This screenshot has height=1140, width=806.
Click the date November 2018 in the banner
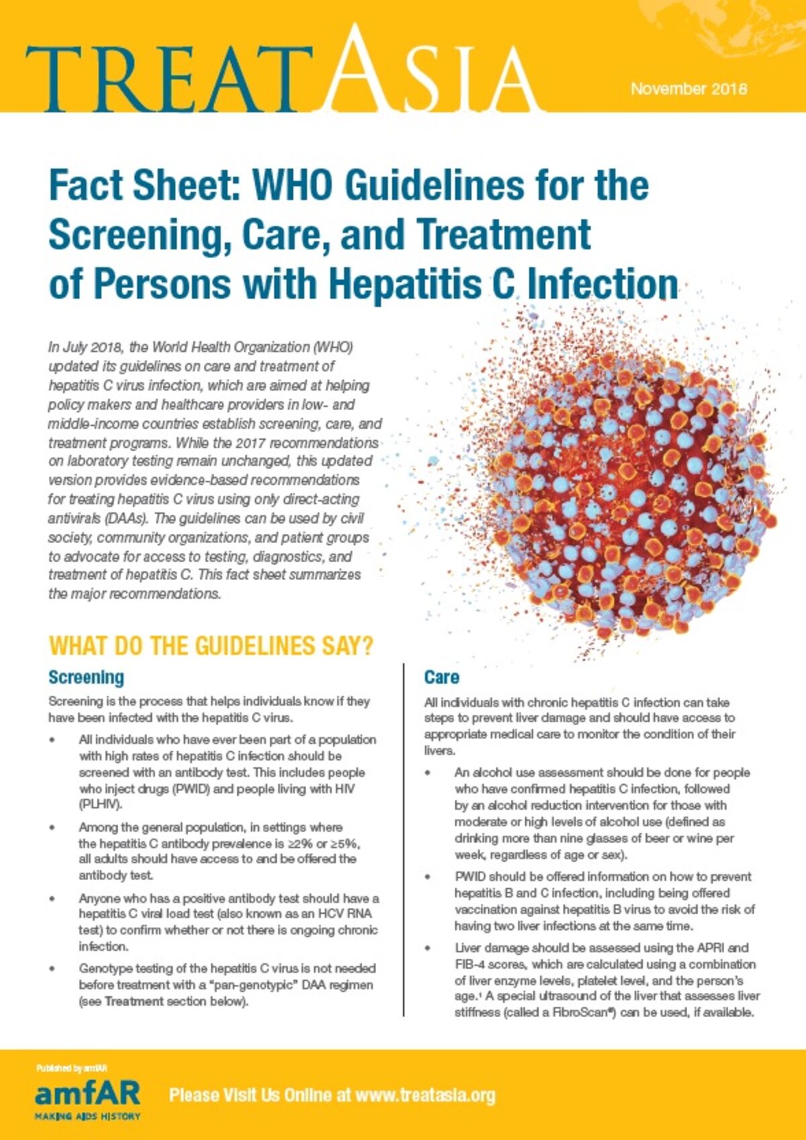click(x=688, y=89)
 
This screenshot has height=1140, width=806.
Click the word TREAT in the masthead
click(x=161, y=79)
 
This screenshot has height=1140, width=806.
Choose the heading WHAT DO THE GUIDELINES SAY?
click(x=211, y=646)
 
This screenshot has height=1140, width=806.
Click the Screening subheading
click(x=86, y=677)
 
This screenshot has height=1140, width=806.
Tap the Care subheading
click(x=441, y=677)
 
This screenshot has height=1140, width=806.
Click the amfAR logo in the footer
click(x=87, y=1094)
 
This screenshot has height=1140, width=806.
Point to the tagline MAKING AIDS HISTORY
click(x=87, y=1116)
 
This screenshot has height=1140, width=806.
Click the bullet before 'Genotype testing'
click(x=52, y=969)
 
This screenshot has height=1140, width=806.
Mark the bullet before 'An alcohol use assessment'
click(x=429, y=773)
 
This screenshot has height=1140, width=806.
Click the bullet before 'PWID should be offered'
click(x=429, y=877)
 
